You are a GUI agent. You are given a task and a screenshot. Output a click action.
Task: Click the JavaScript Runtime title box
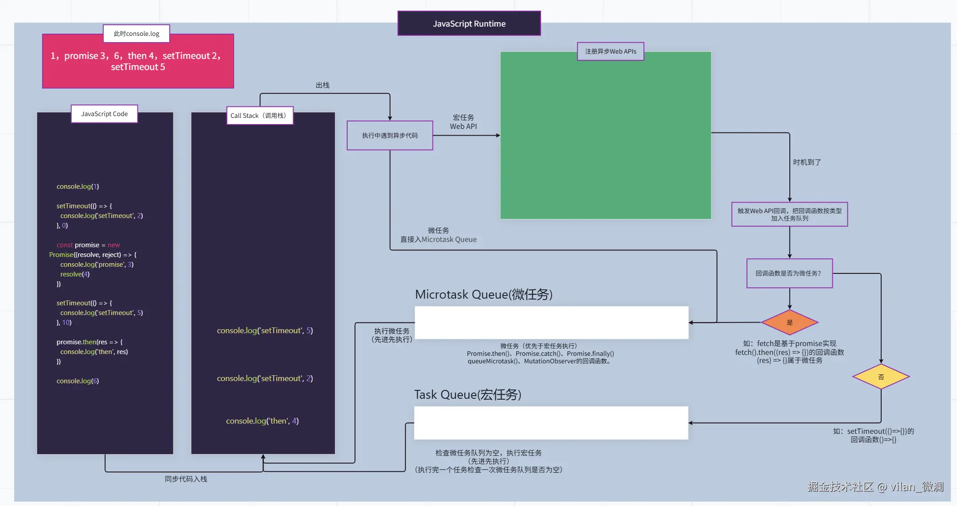(x=469, y=23)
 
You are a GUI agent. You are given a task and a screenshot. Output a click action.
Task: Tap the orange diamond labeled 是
(x=789, y=323)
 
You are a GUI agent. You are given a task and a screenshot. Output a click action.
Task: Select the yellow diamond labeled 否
(x=881, y=377)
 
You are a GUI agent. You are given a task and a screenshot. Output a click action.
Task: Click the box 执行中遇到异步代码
(x=389, y=136)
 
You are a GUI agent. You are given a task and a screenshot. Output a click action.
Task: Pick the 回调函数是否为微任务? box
(x=789, y=273)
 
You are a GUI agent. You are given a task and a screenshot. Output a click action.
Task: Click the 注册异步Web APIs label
(x=610, y=51)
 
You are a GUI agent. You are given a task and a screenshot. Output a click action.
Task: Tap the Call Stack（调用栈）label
(x=259, y=116)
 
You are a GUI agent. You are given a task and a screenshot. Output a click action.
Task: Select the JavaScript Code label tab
(x=104, y=114)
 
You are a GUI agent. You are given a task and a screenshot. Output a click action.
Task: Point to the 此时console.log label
(x=136, y=34)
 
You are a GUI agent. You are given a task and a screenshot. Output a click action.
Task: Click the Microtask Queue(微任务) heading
(x=483, y=295)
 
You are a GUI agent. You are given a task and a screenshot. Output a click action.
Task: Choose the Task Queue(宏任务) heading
(x=467, y=395)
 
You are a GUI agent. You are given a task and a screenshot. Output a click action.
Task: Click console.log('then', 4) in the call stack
(x=262, y=421)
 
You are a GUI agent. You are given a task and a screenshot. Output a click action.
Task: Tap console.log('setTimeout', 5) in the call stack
(x=265, y=331)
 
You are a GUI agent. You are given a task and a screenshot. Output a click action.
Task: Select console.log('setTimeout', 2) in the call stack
(x=265, y=378)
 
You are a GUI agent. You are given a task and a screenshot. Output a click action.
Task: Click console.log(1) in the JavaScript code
(x=78, y=187)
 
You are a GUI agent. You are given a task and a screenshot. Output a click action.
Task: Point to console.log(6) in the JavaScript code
(x=78, y=381)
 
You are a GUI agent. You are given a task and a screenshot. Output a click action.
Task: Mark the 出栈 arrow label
(x=322, y=85)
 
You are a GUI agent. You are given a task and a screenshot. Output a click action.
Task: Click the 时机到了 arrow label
(x=807, y=163)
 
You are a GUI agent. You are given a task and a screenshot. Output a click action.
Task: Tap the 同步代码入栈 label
(x=186, y=479)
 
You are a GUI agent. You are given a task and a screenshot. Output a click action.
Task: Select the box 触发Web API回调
(x=789, y=214)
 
